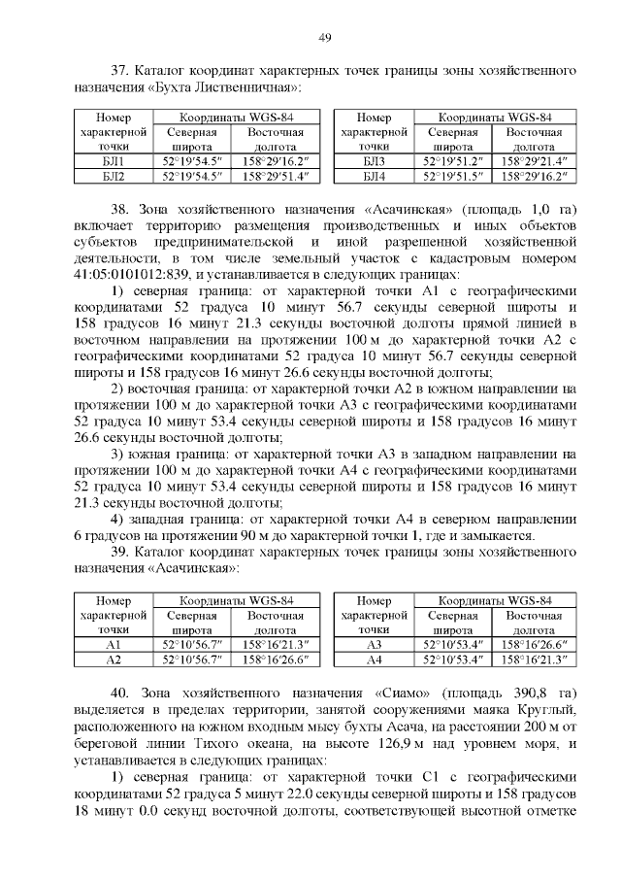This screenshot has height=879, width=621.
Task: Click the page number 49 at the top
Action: pyautogui.click(x=325, y=37)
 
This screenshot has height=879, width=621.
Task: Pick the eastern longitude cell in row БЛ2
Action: pyautogui.click(x=274, y=176)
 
